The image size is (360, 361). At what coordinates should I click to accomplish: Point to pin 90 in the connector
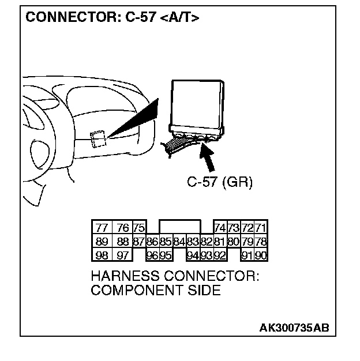pos(261,254)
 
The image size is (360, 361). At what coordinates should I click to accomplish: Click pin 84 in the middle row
pos(178,240)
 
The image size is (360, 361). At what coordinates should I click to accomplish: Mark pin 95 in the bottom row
pos(166,254)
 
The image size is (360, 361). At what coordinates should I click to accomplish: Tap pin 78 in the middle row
pos(261,240)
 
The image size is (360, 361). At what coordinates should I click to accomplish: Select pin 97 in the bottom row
pos(122,254)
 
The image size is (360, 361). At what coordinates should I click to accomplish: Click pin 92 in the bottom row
pos(220,254)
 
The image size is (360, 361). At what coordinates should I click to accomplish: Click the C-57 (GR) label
pos(220,182)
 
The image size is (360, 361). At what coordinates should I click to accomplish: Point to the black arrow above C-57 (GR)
pos(209,157)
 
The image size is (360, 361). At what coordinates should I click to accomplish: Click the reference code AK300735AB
pos(294,328)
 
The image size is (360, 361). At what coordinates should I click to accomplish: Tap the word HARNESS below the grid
pos(121,276)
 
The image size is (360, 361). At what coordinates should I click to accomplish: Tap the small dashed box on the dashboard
pos(97,138)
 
